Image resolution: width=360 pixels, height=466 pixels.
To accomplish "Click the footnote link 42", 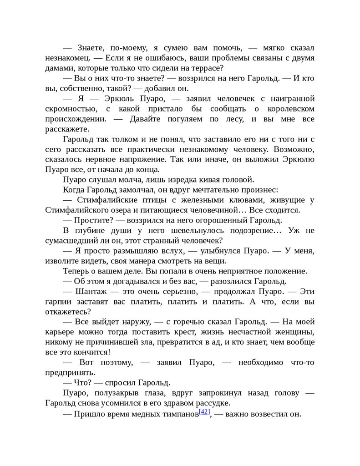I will coord(204,412).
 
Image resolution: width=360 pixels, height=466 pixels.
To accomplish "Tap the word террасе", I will coord(205,68).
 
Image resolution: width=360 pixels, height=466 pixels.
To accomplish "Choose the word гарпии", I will coord(57,301).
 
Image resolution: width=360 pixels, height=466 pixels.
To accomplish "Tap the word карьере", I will coord(60,331).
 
